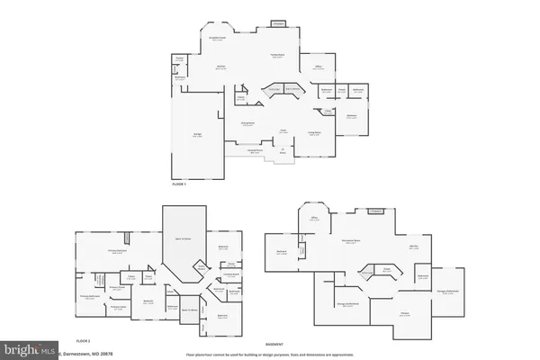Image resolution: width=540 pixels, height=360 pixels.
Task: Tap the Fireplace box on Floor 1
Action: tap(279, 23)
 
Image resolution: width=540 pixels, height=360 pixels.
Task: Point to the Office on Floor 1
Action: tap(319, 67)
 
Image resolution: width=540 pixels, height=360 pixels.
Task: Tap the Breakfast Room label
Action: tap(217, 39)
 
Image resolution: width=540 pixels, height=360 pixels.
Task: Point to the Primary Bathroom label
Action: tap(89, 297)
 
